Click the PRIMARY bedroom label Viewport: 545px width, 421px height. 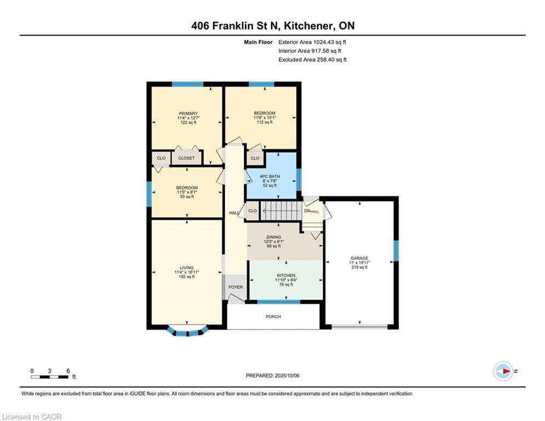coord(188,113)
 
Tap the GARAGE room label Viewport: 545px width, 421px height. coord(360,258)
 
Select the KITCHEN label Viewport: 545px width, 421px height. coord(286,275)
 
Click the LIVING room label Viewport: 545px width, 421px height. coord(187,268)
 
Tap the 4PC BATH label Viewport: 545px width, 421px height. coord(271,176)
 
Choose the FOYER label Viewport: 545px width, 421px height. coord(236,287)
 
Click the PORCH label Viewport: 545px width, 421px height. coord(273,317)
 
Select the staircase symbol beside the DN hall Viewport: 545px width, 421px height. coord(280,210)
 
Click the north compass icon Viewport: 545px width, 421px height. coord(503,371)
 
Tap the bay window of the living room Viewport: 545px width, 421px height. coord(187,331)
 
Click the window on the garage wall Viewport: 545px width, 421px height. coord(396,251)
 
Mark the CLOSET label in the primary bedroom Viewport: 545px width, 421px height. coord(186,158)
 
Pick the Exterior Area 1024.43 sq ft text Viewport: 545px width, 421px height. coord(312,42)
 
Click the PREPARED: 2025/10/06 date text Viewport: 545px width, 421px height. coord(273,376)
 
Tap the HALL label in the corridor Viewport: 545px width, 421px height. coord(233,213)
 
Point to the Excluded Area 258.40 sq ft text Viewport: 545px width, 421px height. coord(312,60)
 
